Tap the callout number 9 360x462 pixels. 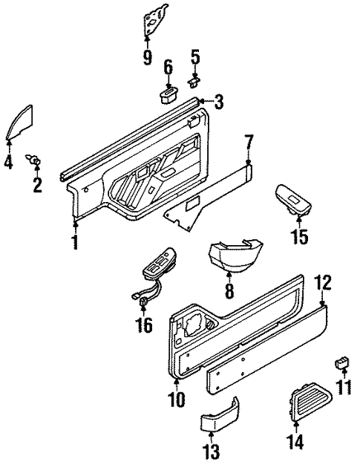147,56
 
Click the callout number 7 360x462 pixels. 249,140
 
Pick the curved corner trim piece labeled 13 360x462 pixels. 220,420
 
